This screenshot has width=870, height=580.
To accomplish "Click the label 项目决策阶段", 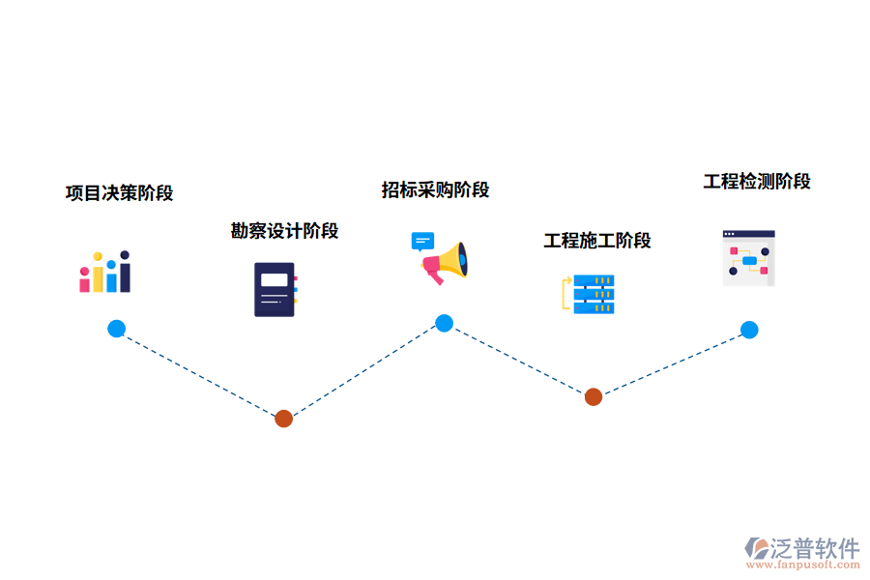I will (x=119, y=193).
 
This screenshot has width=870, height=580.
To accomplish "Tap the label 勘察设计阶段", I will (x=284, y=231).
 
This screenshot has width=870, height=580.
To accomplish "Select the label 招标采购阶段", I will (x=435, y=189).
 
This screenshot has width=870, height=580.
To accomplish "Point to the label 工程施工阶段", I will (x=596, y=241).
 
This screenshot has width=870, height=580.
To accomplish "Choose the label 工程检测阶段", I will (x=757, y=182).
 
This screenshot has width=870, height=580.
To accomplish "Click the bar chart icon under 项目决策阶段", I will (x=104, y=273).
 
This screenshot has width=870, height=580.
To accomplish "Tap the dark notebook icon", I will (x=275, y=289).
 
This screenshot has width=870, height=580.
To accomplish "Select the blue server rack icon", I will (x=593, y=294).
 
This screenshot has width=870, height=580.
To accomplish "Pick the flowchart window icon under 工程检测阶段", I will (x=749, y=258).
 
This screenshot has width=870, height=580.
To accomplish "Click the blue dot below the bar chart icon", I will (x=116, y=329).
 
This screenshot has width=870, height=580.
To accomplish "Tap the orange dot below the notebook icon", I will (x=283, y=419).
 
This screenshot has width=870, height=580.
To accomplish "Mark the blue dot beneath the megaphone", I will (x=444, y=323).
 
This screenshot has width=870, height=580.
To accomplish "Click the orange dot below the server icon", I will (x=594, y=396).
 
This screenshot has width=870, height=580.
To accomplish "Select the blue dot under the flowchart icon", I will (x=749, y=330).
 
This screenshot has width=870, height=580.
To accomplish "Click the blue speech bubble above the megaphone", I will (x=422, y=241).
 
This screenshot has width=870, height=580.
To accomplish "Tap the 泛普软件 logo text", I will (x=814, y=548).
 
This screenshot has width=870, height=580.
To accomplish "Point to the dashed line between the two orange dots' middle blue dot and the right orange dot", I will (x=519, y=360).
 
